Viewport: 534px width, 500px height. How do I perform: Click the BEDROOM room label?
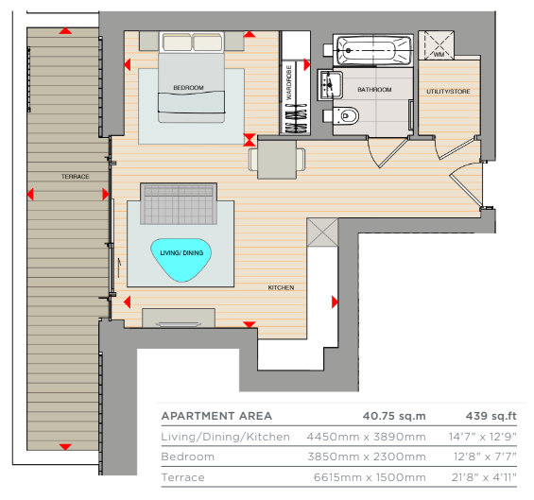click(x=188, y=88)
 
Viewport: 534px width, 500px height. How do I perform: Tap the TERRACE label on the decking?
click(x=76, y=177)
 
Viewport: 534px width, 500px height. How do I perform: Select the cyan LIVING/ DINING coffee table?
click(x=181, y=260)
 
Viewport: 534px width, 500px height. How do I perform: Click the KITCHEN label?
click(x=281, y=287)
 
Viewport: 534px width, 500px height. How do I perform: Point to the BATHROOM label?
click(x=374, y=90)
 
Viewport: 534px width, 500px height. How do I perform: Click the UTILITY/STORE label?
click(x=448, y=92)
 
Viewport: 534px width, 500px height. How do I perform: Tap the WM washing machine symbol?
click(x=437, y=45)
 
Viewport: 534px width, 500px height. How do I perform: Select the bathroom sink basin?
click(x=330, y=85)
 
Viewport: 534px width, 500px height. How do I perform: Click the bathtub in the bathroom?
click(x=373, y=51)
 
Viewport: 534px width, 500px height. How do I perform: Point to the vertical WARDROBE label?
click(x=289, y=82)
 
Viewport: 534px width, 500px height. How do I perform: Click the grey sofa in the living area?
click(x=179, y=203)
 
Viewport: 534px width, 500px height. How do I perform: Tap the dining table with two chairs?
click(x=277, y=160)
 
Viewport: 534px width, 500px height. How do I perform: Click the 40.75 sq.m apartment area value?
click(x=394, y=416)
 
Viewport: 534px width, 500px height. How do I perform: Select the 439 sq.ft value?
click(x=491, y=416)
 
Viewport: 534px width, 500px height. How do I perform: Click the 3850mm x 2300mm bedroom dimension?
click(x=367, y=457)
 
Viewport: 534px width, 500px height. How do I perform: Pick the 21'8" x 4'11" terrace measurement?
click(x=484, y=477)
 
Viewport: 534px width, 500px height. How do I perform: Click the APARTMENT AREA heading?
click(x=216, y=416)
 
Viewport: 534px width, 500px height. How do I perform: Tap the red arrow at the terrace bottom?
click(x=65, y=447)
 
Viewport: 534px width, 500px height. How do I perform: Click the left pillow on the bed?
click(x=177, y=43)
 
